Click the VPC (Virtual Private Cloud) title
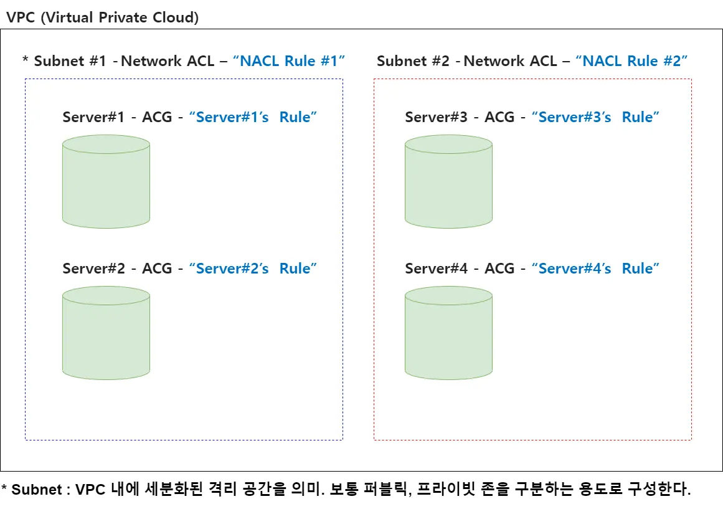click(102, 17)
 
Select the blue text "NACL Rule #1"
click(289, 61)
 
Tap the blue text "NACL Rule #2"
click(631, 61)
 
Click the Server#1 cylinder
click(106, 182)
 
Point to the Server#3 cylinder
click(448, 182)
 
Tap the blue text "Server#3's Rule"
click(596, 117)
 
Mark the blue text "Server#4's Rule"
click(596, 269)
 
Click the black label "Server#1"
click(93, 117)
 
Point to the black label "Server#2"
click(93, 269)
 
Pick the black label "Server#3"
click(436, 117)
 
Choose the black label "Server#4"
click(436, 269)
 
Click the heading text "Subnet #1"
click(70, 61)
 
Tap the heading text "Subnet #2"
click(413, 61)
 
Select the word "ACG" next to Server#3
click(499, 117)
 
